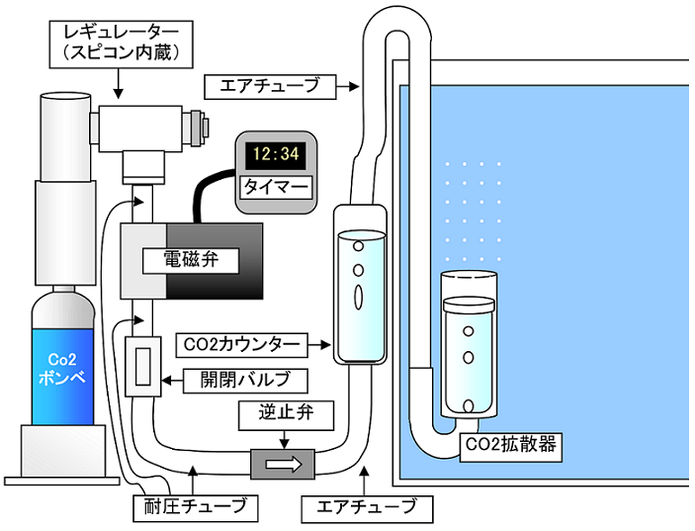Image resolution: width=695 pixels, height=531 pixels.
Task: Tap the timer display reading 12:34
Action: (x=276, y=154)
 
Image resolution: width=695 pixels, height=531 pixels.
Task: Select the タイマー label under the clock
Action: (x=276, y=186)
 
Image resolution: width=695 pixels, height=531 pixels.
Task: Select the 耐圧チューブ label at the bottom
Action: (x=195, y=509)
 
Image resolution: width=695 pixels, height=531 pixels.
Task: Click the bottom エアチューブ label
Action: (x=367, y=509)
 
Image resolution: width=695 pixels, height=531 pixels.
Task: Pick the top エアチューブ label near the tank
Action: (x=266, y=86)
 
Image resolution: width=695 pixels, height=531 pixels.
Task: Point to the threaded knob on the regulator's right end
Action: (x=204, y=126)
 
